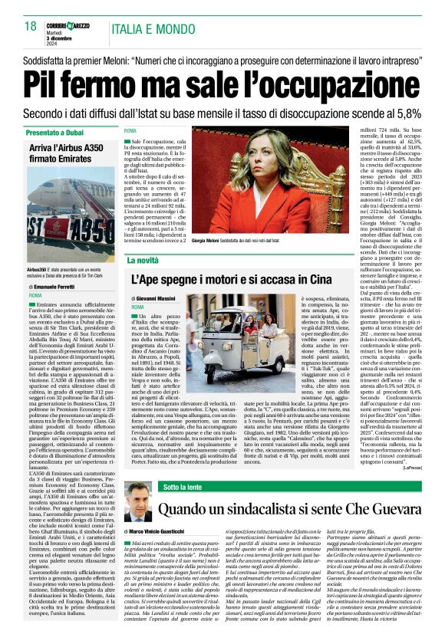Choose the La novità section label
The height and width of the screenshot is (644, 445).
coord(143,261)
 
